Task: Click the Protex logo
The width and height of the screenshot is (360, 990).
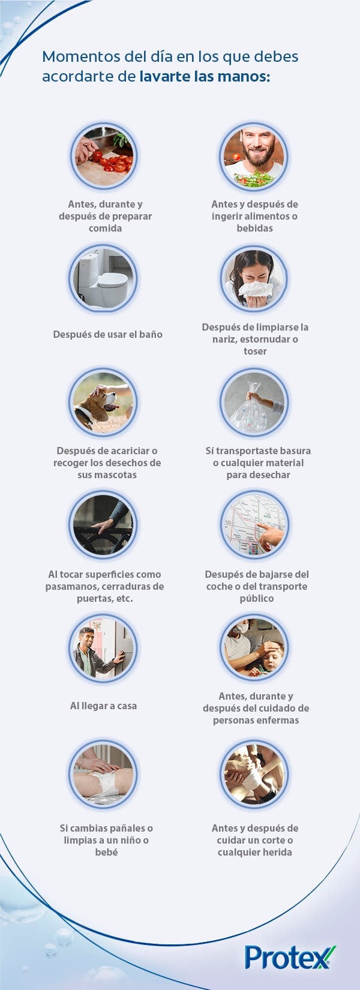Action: coord(290,956)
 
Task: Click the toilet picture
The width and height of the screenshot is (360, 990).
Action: coord(104,279)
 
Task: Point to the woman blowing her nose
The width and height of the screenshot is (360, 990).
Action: coord(254,279)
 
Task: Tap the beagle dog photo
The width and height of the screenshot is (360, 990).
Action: coord(104,403)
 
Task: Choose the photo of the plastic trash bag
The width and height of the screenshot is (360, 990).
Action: coord(254,403)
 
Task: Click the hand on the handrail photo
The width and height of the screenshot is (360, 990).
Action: coord(104,526)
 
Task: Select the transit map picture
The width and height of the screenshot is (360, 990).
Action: coord(254,526)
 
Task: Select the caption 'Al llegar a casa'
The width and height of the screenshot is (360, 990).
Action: coord(104,706)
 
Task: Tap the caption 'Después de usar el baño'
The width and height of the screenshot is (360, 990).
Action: coord(107,334)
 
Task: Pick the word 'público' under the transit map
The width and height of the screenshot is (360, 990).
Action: coord(257,598)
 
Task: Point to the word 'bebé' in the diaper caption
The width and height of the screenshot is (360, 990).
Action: coord(106,852)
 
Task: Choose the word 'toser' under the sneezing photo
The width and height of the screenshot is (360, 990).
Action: coord(255,351)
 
